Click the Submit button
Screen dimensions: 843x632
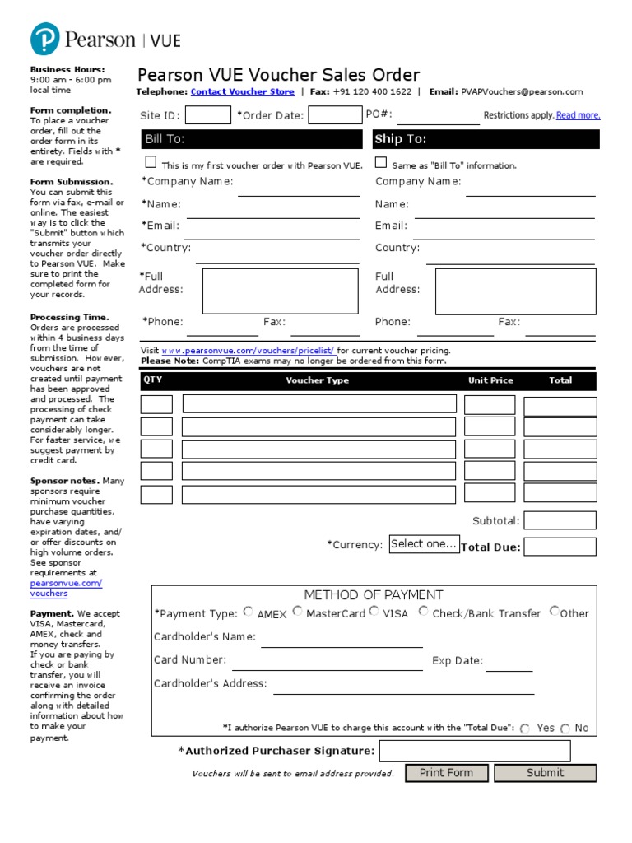(x=545, y=773)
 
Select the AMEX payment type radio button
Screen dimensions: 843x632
(x=249, y=612)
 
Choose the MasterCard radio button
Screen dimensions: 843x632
(x=297, y=612)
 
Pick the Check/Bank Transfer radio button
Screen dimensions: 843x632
(x=423, y=612)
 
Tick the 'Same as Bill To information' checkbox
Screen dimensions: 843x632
(x=381, y=163)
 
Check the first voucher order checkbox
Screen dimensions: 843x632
(x=151, y=163)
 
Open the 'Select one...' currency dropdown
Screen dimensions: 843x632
(x=424, y=544)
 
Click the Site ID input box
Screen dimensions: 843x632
(x=208, y=115)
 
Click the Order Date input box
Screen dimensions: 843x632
(x=335, y=115)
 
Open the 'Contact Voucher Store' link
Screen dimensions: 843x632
(x=242, y=92)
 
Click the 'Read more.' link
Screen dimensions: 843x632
(x=578, y=115)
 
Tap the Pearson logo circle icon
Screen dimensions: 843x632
(x=45, y=40)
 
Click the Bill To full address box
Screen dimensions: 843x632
(x=280, y=291)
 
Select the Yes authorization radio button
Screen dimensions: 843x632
(x=525, y=729)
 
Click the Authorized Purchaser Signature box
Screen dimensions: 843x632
(x=474, y=751)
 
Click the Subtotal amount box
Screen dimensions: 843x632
(x=560, y=520)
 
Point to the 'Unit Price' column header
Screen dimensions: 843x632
(x=490, y=380)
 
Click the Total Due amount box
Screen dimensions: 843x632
(x=560, y=547)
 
